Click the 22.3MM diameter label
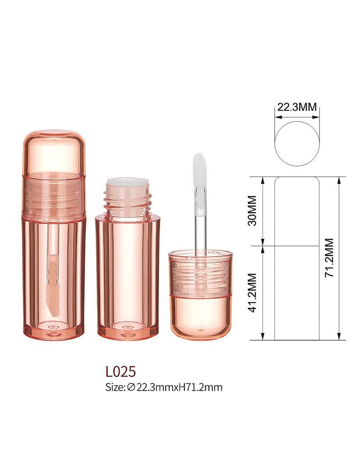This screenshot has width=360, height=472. point(297,107)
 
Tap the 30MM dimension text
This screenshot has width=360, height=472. point(252,210)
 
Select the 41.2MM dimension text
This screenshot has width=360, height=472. point(252,293)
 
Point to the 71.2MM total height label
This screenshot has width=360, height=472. point(329,258)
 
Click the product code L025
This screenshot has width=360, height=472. point(121,371)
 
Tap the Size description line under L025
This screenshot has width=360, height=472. point(164,387)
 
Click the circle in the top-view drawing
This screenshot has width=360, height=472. point(297,121)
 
